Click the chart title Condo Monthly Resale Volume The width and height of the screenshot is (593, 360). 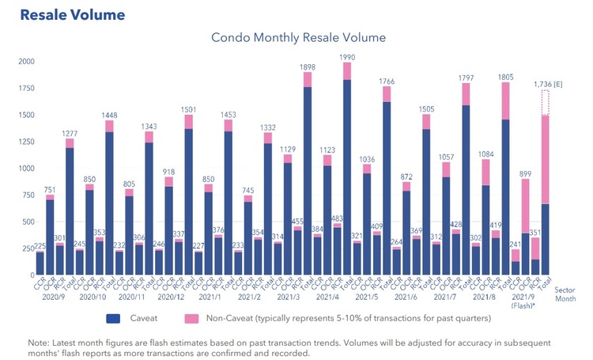(x=298, y=37)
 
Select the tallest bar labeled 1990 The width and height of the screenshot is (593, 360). (x=347, y=174)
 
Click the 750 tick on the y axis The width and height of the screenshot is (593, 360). (x=27, y=195)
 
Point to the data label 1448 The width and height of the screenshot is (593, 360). (x=110, y=114)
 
